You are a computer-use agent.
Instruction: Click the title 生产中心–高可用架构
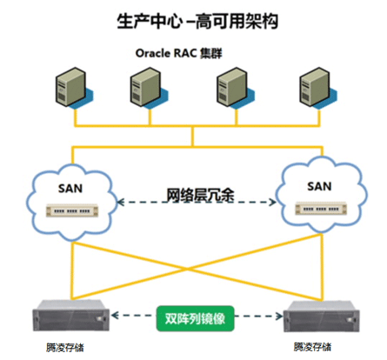point(197,21)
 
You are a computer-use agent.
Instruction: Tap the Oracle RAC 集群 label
point(178,53)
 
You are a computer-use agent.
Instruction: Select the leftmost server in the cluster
point(74,88)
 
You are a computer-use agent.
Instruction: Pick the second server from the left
point(149,88)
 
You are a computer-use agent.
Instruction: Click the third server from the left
point(236,88)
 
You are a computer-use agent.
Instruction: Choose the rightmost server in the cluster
point(318,88)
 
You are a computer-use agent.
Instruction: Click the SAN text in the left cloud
point(70,189)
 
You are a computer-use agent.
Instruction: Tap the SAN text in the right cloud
point(319,186)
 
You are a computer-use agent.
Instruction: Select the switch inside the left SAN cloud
point(72,210)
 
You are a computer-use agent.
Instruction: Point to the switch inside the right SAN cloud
point(321,209)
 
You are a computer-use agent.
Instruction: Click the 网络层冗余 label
point(200,195)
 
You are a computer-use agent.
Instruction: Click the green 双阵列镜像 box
point(195,318)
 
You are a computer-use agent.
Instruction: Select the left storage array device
point(71,316)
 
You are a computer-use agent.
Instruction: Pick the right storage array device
point(321,317)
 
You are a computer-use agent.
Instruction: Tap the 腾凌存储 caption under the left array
point(65,347)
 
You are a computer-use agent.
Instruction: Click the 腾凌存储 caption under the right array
point(312,347)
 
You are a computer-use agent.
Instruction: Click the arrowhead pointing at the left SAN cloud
point(121,202)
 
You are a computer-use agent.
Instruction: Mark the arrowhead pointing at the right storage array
point(279,316)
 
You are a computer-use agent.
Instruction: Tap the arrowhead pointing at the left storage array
point(115,315)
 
